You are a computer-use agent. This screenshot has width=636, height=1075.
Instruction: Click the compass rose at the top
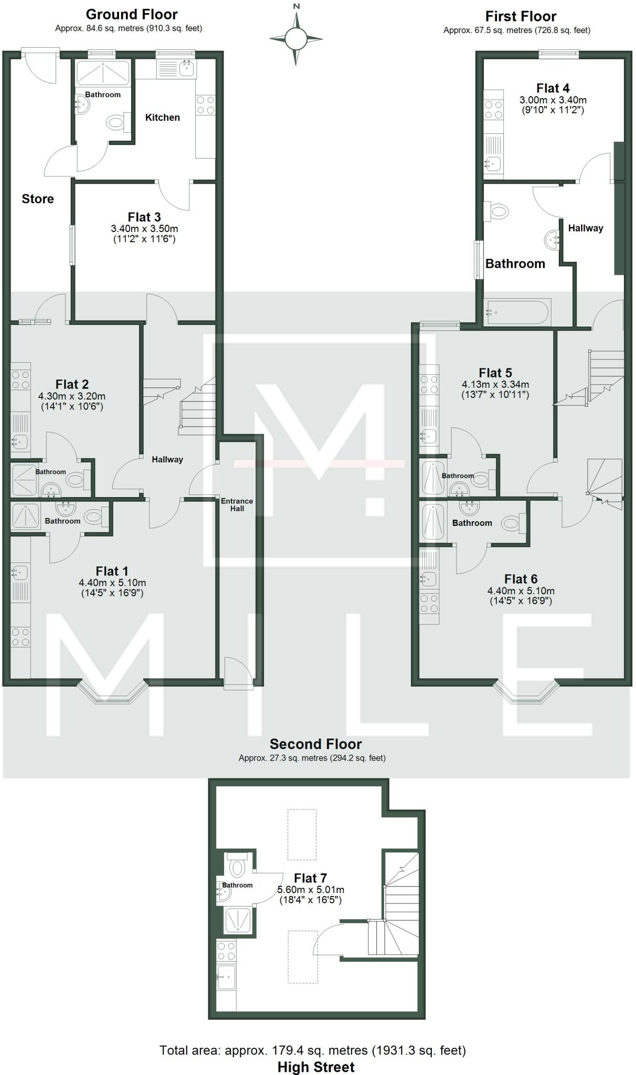click(x=296, y=38)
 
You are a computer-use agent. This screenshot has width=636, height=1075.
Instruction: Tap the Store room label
click(x=38, y=199)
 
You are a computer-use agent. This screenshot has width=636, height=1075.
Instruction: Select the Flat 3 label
click(x=144, y=217)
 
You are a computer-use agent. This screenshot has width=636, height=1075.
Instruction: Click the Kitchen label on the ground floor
click(x=163, y=118)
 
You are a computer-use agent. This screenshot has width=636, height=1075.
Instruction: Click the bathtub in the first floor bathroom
click(x=518, y=313)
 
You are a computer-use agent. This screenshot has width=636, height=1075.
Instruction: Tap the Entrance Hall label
click(x=237, y=504)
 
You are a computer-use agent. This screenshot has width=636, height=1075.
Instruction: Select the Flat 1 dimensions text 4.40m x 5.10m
click(x=112, y=583)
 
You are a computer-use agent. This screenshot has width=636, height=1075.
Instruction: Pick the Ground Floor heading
click(x=132, y=14)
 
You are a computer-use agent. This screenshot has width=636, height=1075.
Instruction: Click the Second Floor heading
click(x=316, y=744)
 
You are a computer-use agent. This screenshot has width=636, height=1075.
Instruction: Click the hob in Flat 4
click(x=493, y=110)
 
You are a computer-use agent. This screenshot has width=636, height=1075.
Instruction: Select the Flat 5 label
click(x=495, y=373)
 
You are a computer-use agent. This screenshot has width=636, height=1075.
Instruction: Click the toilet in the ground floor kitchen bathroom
click(x=116, y=124)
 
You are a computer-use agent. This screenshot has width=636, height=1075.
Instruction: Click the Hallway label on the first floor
click(x=586, y=228)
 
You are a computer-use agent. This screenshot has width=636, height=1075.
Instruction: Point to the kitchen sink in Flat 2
click(x=19, y=442)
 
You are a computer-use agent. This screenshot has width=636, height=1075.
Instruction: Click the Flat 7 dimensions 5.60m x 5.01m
click(x=311, y=890)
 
